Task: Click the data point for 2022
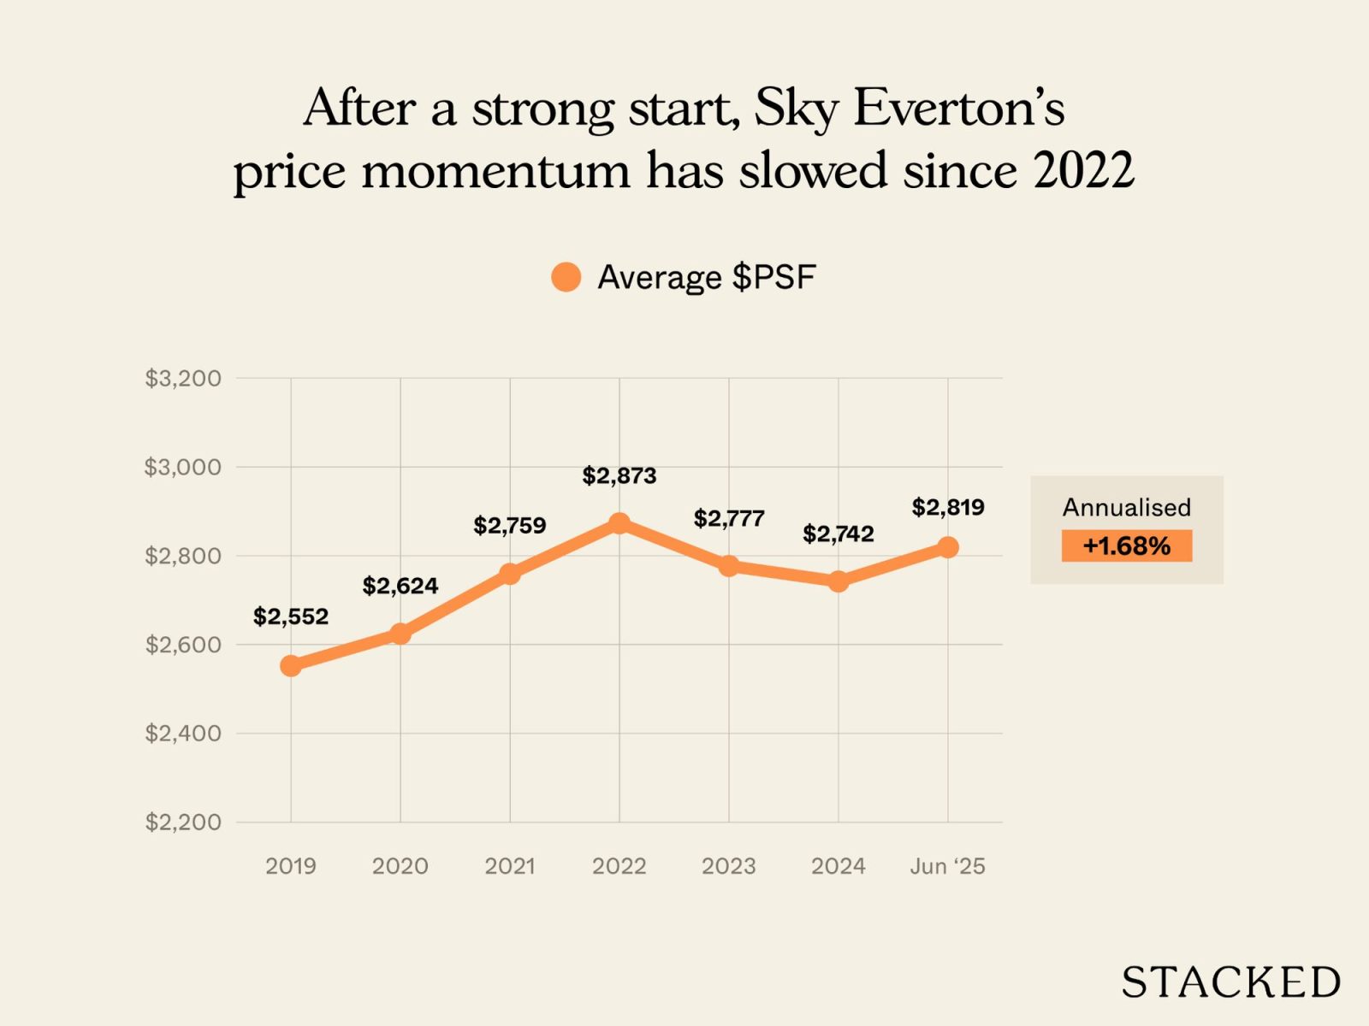pos(619,523)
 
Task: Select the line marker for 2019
pos(291,665)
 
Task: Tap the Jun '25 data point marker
pos(947,547)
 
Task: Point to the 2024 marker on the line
pos(839,581)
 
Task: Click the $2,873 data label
pos(619,475)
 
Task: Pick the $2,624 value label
pos(400,586)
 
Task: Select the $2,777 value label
pos(729,518)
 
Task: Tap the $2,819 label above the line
pos(947,507)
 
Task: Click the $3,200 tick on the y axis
pos(182,378)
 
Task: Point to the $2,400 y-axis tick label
pos(182,733)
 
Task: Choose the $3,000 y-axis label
pos(182,467)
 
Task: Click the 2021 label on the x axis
pos(510,866)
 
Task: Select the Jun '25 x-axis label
pos(947,866)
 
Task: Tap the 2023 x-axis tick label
pos(729,866)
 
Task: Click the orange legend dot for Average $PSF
pos(566,277)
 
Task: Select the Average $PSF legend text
pos(706,277)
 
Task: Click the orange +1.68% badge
pos(1126,545)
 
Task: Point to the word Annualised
pos(1126,507)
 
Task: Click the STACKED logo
pos(1230,982)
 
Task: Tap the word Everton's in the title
pos(959,109)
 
